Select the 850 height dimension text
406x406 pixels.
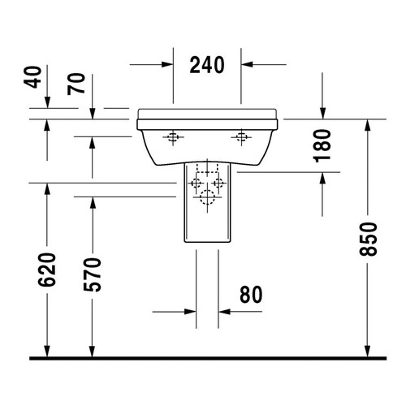[369, 240]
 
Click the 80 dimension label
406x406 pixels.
[250, 295]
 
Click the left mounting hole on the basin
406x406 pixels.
[171, 137]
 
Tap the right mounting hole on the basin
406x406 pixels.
[240, 137]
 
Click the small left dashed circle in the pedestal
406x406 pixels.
[197, 184]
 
